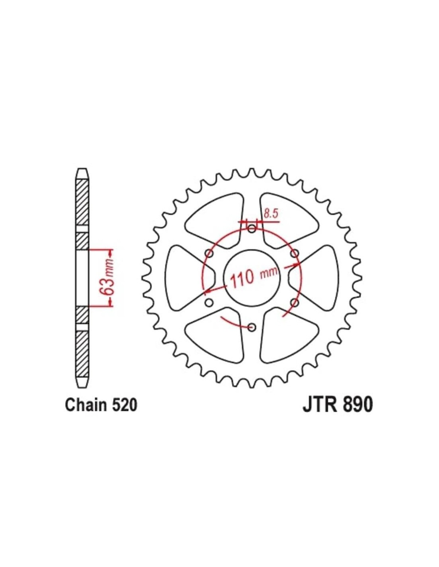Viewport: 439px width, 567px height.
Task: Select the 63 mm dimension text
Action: pyautogui.click(x=110, y=276)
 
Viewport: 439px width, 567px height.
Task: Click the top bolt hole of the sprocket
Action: pyautogui.click(x=252, y=229)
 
